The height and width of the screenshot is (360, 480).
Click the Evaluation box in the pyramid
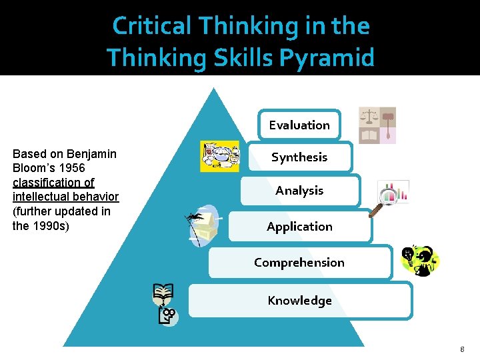[299, 125]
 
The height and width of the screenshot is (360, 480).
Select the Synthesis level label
[299, 157]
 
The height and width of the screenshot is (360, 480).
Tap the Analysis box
[299, 191]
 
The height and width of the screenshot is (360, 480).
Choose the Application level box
[299, 227]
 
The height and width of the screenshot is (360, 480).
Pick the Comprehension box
[299, 262]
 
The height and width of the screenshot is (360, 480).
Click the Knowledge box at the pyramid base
[299, 301]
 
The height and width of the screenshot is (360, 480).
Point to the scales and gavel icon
[377, 125]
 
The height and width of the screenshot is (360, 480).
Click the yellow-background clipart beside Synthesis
[220, 157]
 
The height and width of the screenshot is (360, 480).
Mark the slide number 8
[462, 349]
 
